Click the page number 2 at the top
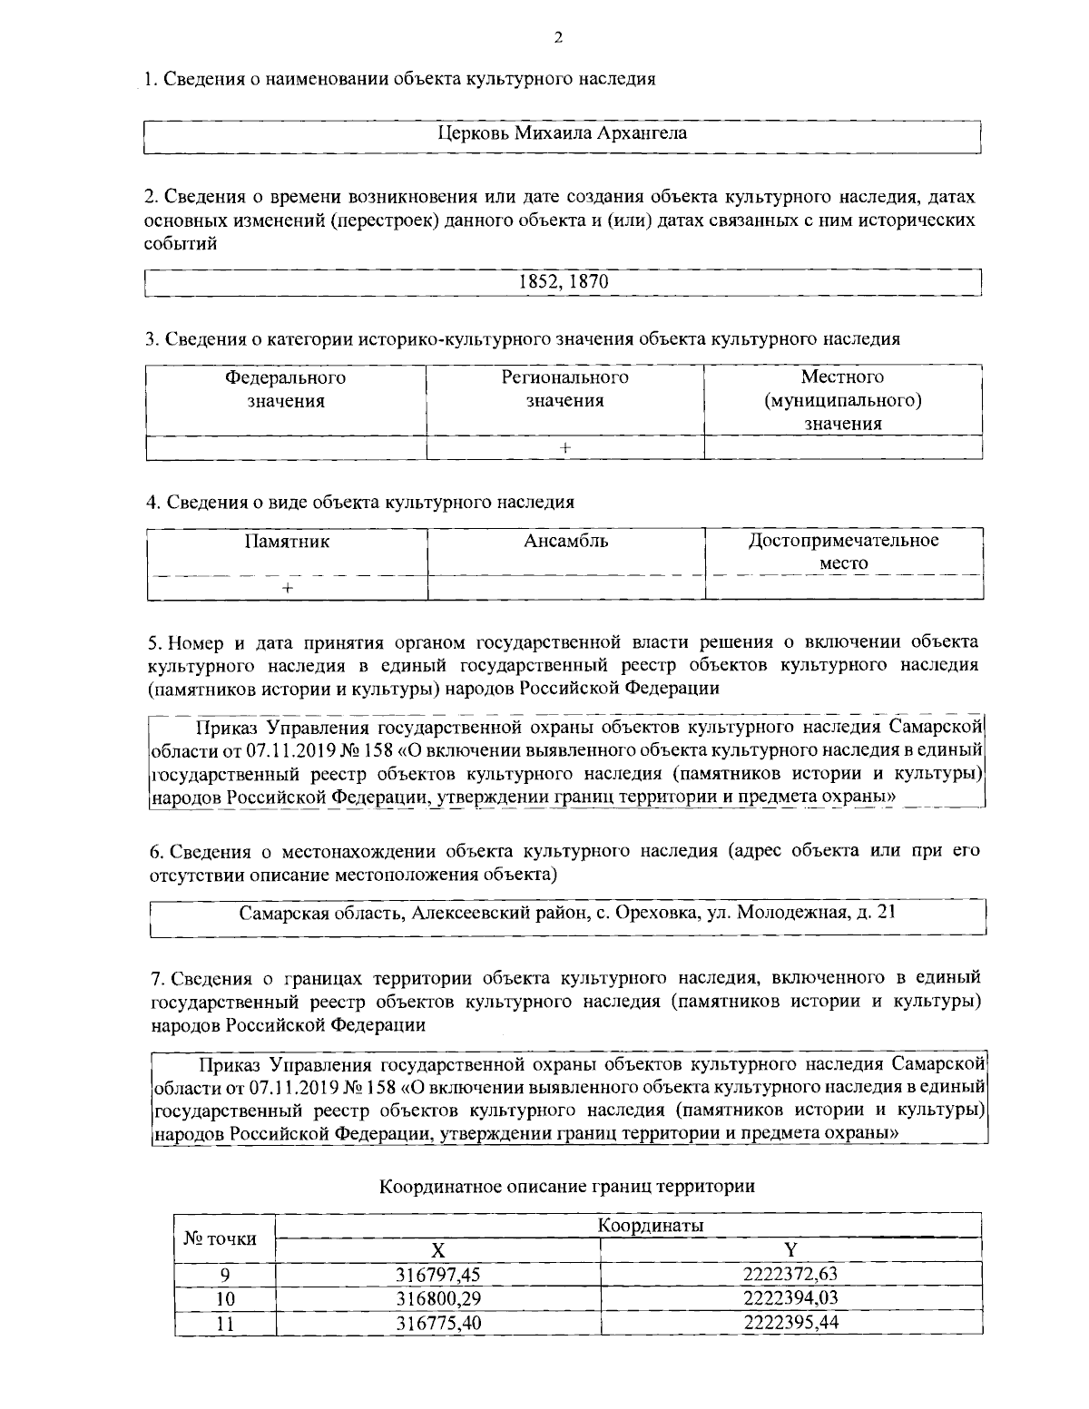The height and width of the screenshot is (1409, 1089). coord(557,37)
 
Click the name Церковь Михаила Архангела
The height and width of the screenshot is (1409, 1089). coord(563,133)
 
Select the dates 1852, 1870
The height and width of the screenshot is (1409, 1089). coord(563,281)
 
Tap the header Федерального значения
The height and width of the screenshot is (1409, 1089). coord(286,388)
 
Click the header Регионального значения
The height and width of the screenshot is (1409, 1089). coord(565,388)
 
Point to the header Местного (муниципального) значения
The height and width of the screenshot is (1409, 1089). coord(843,400)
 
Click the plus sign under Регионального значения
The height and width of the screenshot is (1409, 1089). coord(565,447)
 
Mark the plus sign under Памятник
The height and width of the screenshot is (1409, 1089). coord(287,588)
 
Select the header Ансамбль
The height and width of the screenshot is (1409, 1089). coord(565,542)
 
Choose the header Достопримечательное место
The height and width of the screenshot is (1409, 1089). coord(843,552)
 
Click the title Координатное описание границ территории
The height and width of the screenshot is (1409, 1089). coord(566,1186)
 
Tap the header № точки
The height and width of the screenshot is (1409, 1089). coord(221,1238)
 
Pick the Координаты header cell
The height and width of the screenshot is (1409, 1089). coord(652,1226)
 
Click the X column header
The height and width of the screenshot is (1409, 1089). coord(437,1249)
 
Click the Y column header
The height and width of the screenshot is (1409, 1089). coord(790,1249)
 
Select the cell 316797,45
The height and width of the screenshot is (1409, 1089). coord(437,1274)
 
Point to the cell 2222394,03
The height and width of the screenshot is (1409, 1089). coord(790,1298)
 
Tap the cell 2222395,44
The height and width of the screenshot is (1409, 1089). coord(790,1323)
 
